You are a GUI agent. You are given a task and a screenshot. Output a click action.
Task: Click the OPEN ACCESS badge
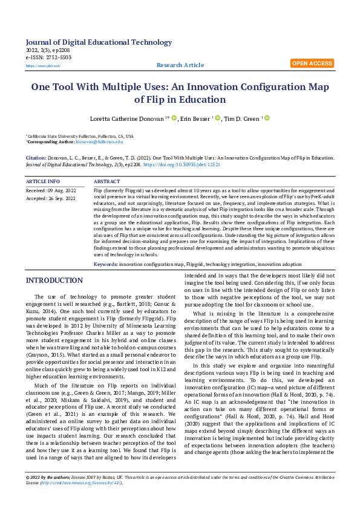coord(312,63)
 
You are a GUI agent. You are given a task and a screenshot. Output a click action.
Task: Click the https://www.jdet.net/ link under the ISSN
coord(43,65)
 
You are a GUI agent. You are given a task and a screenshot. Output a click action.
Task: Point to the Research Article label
coord(180,65)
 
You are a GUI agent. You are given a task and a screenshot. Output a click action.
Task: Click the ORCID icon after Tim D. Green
coord(267,118)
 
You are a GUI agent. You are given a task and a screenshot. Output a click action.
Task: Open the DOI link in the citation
coord(194,164)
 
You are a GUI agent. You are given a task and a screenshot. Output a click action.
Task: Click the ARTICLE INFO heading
coord(43,181)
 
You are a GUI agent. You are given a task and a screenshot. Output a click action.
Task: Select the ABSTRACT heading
coord(107,181)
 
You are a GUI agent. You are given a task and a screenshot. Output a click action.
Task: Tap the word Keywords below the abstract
coord(105,264)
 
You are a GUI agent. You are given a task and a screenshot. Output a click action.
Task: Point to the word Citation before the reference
coord(36,157)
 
